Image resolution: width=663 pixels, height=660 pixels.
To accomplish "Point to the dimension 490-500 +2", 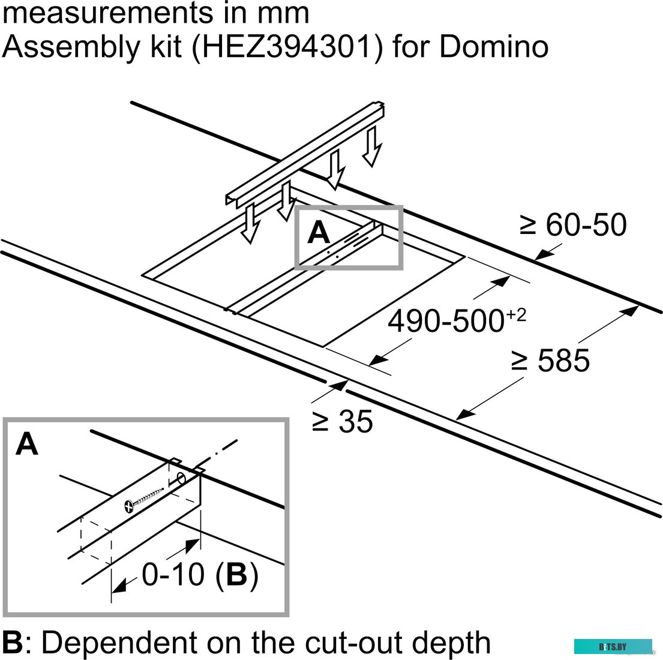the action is pos(457,320).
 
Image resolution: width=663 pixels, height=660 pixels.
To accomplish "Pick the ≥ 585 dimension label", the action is pos(550,361).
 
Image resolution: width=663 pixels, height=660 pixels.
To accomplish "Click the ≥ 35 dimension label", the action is pos(343,421).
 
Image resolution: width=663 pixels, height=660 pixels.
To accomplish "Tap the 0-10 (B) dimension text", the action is pos(200,574).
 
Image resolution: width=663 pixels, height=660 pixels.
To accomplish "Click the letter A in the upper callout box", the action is pos(319,233).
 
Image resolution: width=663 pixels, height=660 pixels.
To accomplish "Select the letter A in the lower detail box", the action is pos(26,444).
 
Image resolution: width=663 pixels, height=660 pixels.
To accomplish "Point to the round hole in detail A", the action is pos(181,479).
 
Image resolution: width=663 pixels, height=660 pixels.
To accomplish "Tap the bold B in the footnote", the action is pos(12,642).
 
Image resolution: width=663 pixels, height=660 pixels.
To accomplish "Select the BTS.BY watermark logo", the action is pos(613,647).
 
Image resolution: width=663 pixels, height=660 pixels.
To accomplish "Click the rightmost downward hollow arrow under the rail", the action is pos(372,146).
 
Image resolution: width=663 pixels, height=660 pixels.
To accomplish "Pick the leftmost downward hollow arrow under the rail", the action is pos(250,223).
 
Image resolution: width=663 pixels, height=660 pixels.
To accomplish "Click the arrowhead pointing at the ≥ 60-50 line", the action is pos(544,254).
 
